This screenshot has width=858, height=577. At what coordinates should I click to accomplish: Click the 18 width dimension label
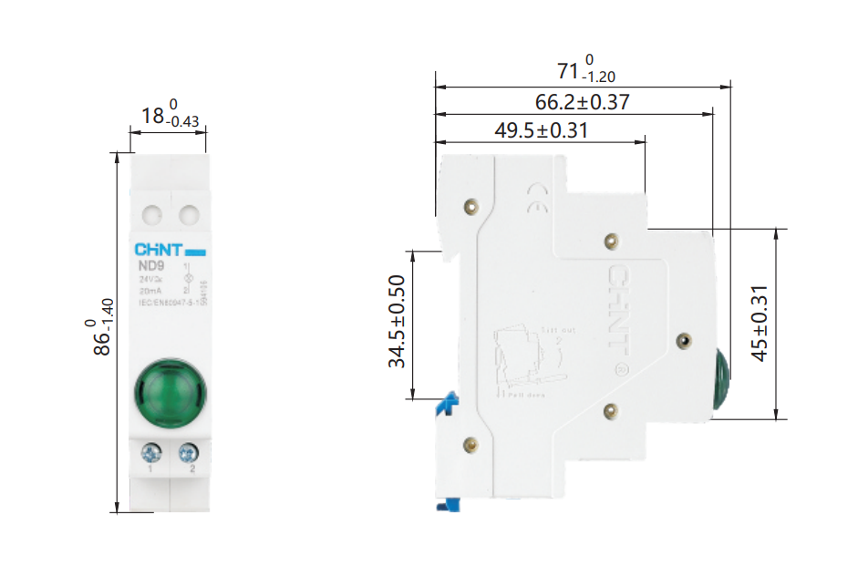pos(169,116)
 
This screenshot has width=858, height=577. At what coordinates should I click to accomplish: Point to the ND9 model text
pos(151,267)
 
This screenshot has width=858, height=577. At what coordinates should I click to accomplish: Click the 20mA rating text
pos(151,290)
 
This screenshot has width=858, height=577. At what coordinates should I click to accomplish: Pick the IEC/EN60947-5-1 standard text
pos(168,302)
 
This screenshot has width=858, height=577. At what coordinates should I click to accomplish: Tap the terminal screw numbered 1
pos(150,452)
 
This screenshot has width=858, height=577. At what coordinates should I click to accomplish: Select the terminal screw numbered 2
pos(189,452)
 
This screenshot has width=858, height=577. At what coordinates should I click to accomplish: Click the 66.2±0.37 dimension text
pos(582,102)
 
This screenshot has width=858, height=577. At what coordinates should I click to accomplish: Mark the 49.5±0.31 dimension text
pos(541,130)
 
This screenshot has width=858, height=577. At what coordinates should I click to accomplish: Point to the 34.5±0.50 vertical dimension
pos(398,322)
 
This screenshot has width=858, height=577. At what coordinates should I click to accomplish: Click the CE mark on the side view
pos(537,197)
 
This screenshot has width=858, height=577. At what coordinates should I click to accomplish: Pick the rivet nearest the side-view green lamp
pos(684,341)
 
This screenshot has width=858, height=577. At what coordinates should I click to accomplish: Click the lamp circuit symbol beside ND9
pos(188,278)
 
